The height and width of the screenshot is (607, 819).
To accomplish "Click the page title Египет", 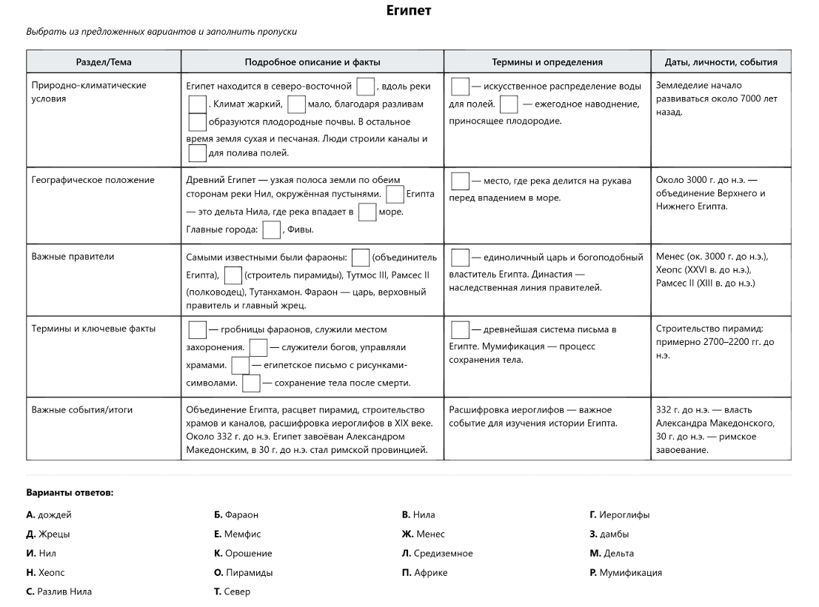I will (x=409, y=11).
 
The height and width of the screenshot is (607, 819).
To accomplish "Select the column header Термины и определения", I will (x=547, y=62).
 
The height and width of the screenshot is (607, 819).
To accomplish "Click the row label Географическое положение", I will (x=93, y=180).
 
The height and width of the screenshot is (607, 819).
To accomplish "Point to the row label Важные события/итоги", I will (x=82, y=409).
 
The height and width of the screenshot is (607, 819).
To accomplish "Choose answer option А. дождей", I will (x=49, y=514).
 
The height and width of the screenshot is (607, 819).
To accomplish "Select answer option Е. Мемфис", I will (x=237, y=534).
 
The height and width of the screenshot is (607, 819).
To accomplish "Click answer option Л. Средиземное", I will (x=437, y=553).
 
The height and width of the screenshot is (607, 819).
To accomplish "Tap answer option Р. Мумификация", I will (x=626, y=572).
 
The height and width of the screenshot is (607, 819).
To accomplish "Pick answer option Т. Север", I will (x=232, y=591).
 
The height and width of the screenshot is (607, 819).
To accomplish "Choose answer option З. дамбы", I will (x=609, y=534).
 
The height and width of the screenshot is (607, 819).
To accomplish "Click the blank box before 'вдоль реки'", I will (x=365, y=87).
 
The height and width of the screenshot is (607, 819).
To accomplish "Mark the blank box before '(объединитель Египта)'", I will (x=361, y=258).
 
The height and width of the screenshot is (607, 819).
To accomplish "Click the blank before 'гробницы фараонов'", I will (x=198, y=329).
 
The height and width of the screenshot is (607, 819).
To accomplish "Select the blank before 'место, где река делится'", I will (x=461, y=181).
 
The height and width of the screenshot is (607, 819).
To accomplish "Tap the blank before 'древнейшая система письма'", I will (x=461, y=329).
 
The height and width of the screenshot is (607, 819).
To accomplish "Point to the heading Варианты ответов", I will (x=70, y=492).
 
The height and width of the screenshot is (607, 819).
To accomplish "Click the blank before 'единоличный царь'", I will (x=461, y=258).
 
